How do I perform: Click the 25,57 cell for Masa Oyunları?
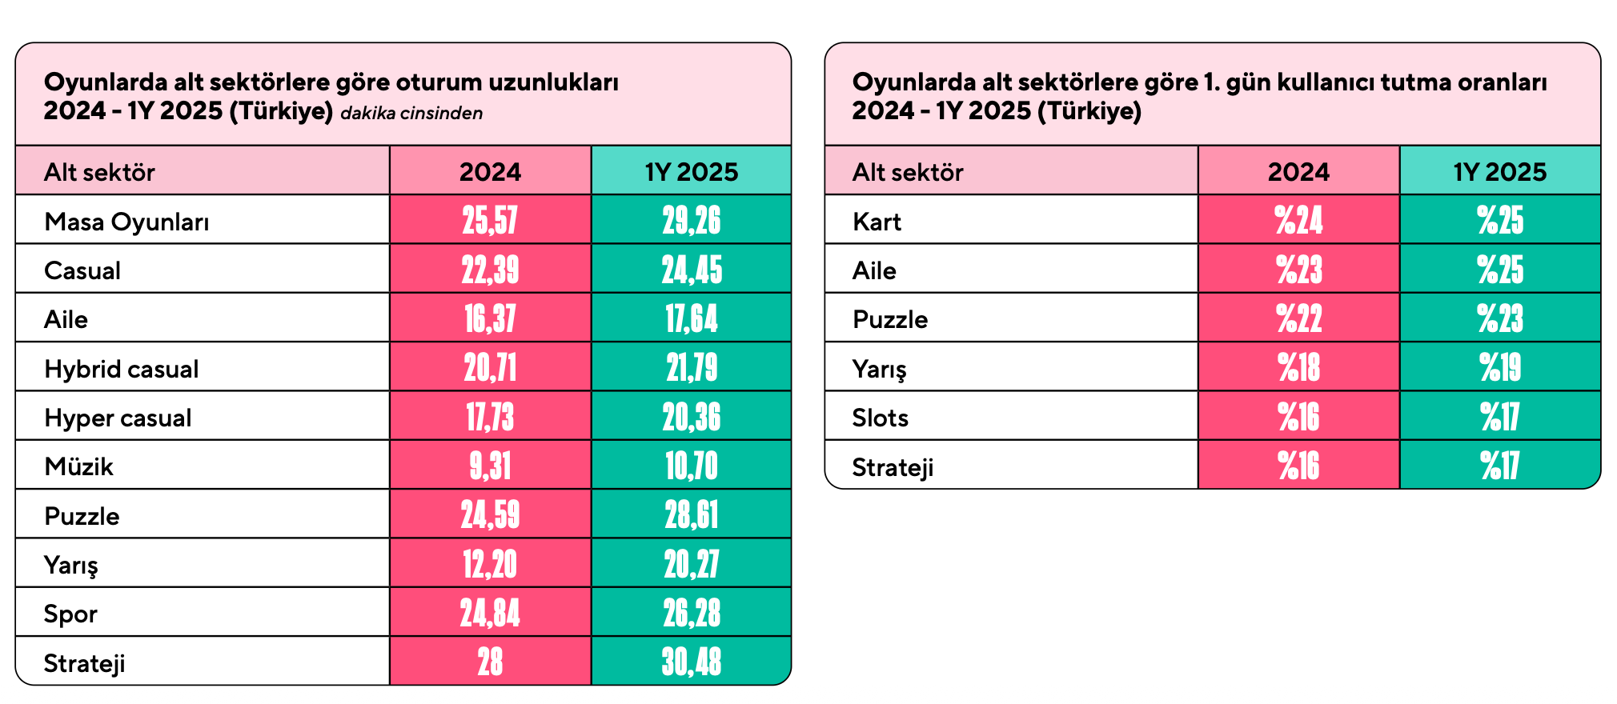(x=490, y=220)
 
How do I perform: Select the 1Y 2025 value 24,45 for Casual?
(x=692, y=270)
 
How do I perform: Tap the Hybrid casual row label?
(x=122, y=369)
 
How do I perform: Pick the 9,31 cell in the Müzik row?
(x=490, y=466)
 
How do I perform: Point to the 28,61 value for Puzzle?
(x=692, y=515)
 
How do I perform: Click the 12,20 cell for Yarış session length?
(x=490, y=565)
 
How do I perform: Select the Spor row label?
(x=70, y=614)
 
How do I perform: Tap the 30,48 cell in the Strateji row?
(x=692, y=662)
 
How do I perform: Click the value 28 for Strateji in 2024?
(x=490, y=662)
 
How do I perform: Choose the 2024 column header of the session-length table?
(x=490, y=171)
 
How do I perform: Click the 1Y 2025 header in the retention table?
(x=1500, y=171)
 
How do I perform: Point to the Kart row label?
(x=877, y=221)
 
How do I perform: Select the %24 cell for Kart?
(x=1298, y=220)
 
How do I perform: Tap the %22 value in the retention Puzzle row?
(x=1298, y=318)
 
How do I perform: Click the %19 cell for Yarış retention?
(x=1500, y=368)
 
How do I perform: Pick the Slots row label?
(x=880, y=418)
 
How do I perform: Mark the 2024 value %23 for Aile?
(x=1298, y=270)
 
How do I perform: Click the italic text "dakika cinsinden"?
(x=411, y=113)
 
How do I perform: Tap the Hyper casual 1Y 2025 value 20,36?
(x=692, y=418)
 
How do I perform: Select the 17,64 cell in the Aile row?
(x=692, y=318)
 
